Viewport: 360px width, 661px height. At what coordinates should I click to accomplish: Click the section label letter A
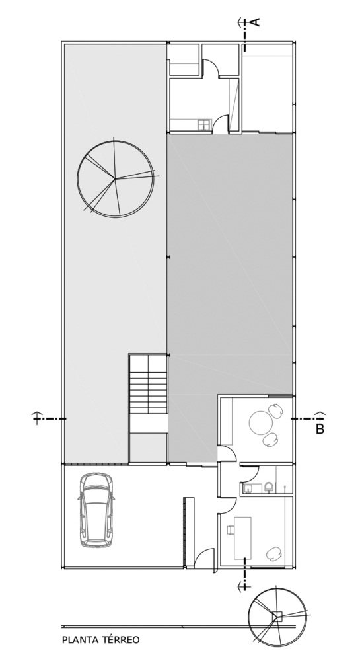256,22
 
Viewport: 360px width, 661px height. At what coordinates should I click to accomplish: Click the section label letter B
320,430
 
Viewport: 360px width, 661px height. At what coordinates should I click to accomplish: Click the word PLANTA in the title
80,640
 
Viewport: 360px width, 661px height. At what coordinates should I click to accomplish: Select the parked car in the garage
96,510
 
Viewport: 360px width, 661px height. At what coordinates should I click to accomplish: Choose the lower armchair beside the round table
270,440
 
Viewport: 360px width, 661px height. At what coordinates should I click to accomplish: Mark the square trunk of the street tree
277,616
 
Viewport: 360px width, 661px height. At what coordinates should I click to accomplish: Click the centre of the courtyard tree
115,178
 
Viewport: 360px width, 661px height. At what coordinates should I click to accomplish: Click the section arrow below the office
243,585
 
